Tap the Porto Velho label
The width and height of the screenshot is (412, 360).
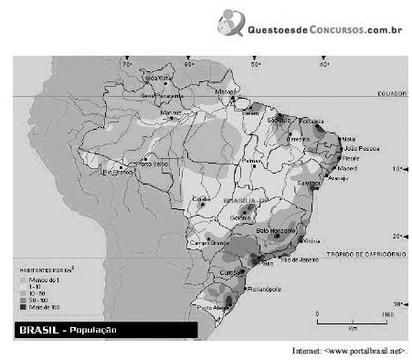(148, 164)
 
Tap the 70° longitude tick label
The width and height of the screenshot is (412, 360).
(128, 65)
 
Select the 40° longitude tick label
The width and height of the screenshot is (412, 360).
(324, 65)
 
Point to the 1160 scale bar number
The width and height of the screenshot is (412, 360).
(387, 314)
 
